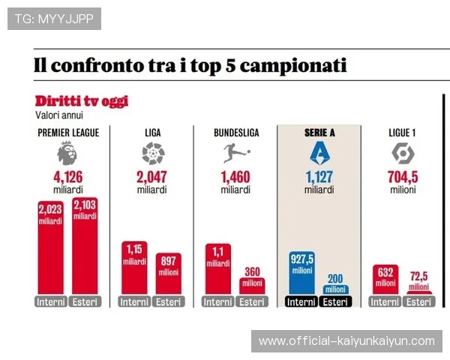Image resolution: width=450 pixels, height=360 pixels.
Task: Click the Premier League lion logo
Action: point(67,154)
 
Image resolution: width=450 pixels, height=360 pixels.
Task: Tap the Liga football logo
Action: point(152,154)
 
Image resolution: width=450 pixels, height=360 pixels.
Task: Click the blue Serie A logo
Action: point(319,154)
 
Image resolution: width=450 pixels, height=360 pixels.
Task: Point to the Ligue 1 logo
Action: point(403,154)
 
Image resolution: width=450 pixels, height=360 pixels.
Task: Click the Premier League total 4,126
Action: point(67,178)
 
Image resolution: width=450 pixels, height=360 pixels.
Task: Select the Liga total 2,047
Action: point(152,178)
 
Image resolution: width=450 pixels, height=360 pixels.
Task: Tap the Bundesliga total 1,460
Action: point(235,178)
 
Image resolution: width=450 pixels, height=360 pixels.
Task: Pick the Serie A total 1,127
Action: point(319,178)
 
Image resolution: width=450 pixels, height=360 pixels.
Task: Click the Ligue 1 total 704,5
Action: point(403,178)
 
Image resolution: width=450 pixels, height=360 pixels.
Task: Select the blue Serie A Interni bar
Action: point(301,273)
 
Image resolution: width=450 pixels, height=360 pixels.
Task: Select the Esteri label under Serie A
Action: point(335,302)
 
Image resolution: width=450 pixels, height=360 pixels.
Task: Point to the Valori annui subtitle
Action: point(59,115)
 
